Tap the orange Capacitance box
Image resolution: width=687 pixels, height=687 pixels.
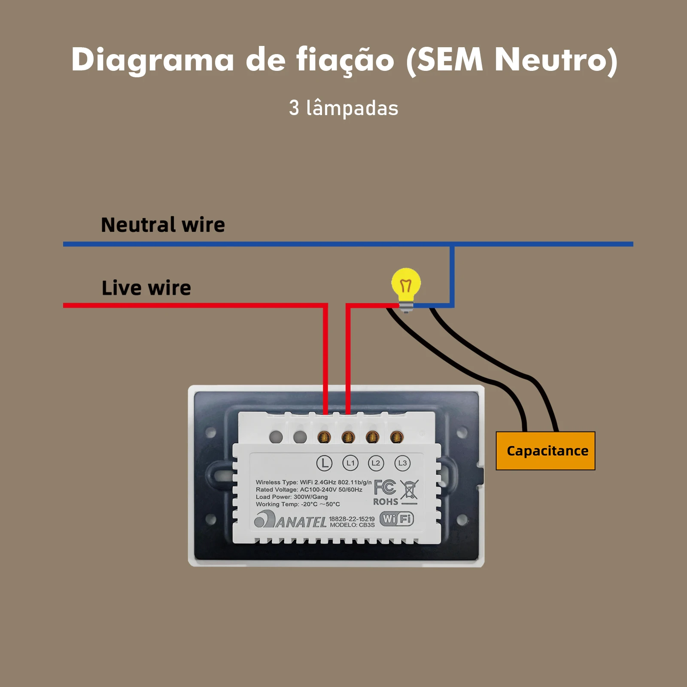click(x=545, y=451)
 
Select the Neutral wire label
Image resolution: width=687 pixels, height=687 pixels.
click(x=163, y=225)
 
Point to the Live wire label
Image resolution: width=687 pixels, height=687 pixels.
click(x=146, y=288)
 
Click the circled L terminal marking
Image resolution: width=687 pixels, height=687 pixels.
click(x=324, y=463)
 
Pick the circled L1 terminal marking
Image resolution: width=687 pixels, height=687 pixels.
click(x=350, y=463)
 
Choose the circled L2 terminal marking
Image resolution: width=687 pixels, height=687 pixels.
click(x=376, y=463)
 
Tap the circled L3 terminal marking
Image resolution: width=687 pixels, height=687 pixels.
click(x=402, y=463)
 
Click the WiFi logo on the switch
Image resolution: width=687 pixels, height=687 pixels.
click(x=397, y=519)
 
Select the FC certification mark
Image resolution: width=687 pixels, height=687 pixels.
click(x=385, y=487)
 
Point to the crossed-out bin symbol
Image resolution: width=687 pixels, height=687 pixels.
click(x=409, y=490)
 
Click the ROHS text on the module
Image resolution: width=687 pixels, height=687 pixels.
click(x=385, y=502)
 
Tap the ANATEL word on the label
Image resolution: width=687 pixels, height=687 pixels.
click(x=301, y=522)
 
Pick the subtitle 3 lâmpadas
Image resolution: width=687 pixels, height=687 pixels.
click(x=343, y=108)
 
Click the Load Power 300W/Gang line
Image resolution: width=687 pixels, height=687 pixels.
click(x=292, y=497)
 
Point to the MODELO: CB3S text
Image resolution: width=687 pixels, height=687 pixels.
click(x=352, y=525)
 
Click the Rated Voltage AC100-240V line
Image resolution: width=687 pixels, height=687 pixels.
click(x=309, y=489)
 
